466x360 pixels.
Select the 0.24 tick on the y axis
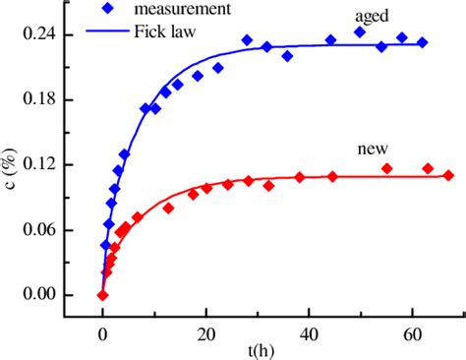coord(37,35)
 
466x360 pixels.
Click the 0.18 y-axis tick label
coord(37,100)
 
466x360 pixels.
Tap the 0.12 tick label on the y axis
coord(37,165)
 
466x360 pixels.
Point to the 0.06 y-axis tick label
coord(37,230)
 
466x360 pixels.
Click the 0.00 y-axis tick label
coord(37,295)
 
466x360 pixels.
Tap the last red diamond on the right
coord(448,175)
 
